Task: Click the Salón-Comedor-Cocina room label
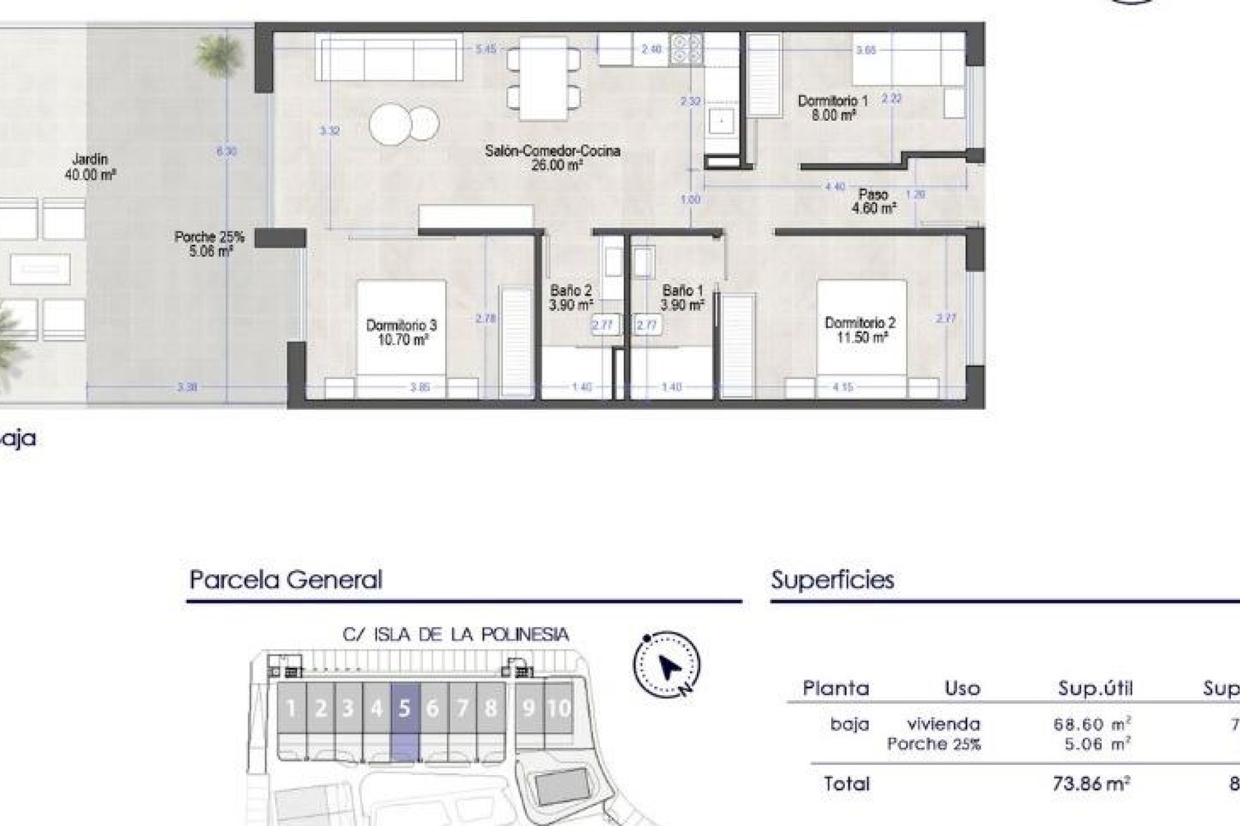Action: (552, 152)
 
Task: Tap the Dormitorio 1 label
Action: (832, 101)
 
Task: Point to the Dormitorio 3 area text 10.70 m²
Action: (402, 340)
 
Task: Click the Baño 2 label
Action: (571, 291)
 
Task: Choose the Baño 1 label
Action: (682, 291)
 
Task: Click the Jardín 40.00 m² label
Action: (90, 166)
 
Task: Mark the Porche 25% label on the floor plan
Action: (209, 237)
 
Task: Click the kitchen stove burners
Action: (686, 48)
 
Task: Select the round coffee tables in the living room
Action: (404, 123)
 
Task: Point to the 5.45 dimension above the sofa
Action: (486, 49)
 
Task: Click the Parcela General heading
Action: (285, 579)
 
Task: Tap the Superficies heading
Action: (832, 579)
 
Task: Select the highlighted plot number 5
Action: (404, 709)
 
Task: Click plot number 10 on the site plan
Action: (559, 709)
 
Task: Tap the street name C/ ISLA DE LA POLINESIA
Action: (455, 635)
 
